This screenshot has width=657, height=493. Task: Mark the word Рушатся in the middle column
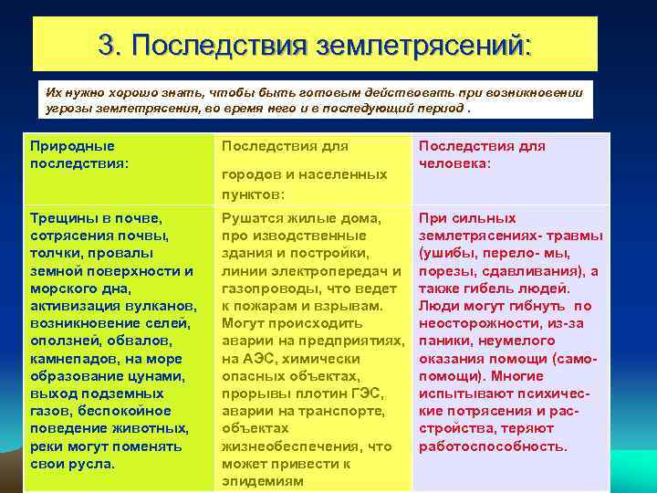point(252,218)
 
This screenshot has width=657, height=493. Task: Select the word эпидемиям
point(264,480)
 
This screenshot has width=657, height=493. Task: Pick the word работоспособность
point(493,446)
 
